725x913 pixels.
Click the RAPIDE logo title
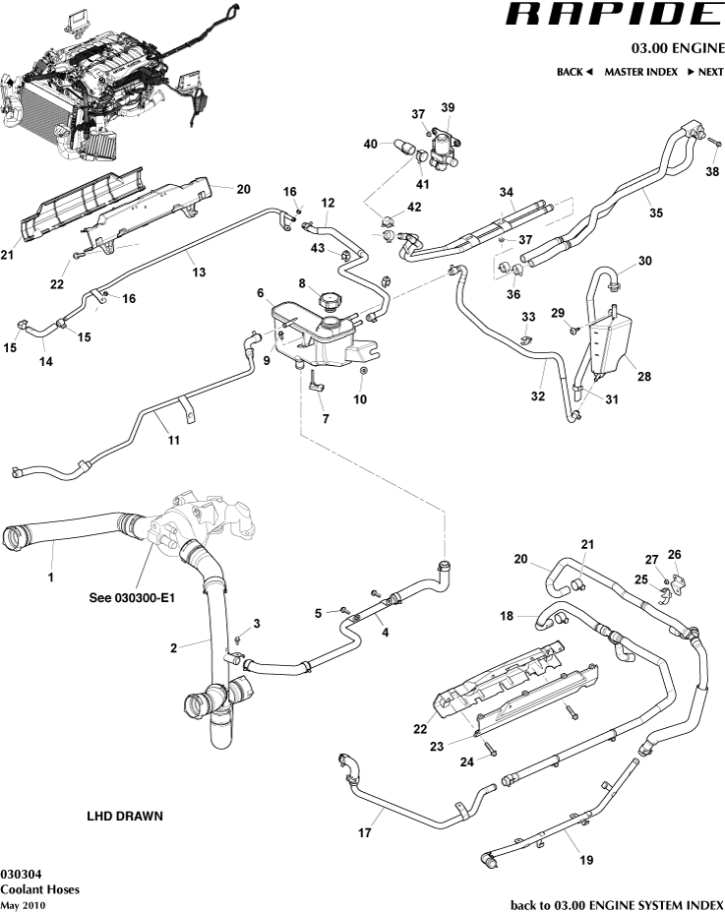615,15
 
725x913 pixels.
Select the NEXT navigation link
704,72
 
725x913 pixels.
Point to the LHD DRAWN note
125,816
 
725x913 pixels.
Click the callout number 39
448,107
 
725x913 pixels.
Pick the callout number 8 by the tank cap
304,283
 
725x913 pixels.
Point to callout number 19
585,860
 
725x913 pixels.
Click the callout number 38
711,170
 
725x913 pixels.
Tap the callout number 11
173,440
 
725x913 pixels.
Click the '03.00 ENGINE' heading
678,47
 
